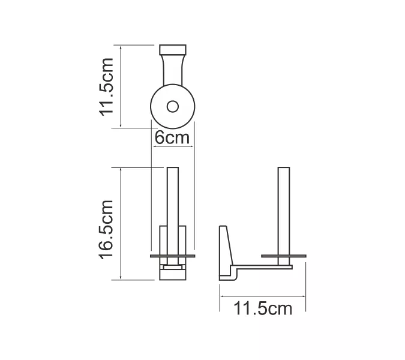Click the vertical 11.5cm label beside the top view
[107, 86]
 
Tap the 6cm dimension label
[172, 137]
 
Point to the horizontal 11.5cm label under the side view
[263, 309]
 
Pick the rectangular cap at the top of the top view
[173, 50]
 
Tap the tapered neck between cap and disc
[173, 71]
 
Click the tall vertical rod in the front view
[173, 198]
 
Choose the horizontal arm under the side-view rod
[264, 266]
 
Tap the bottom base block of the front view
[173, 275]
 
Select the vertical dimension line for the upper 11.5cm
[122, 86]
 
